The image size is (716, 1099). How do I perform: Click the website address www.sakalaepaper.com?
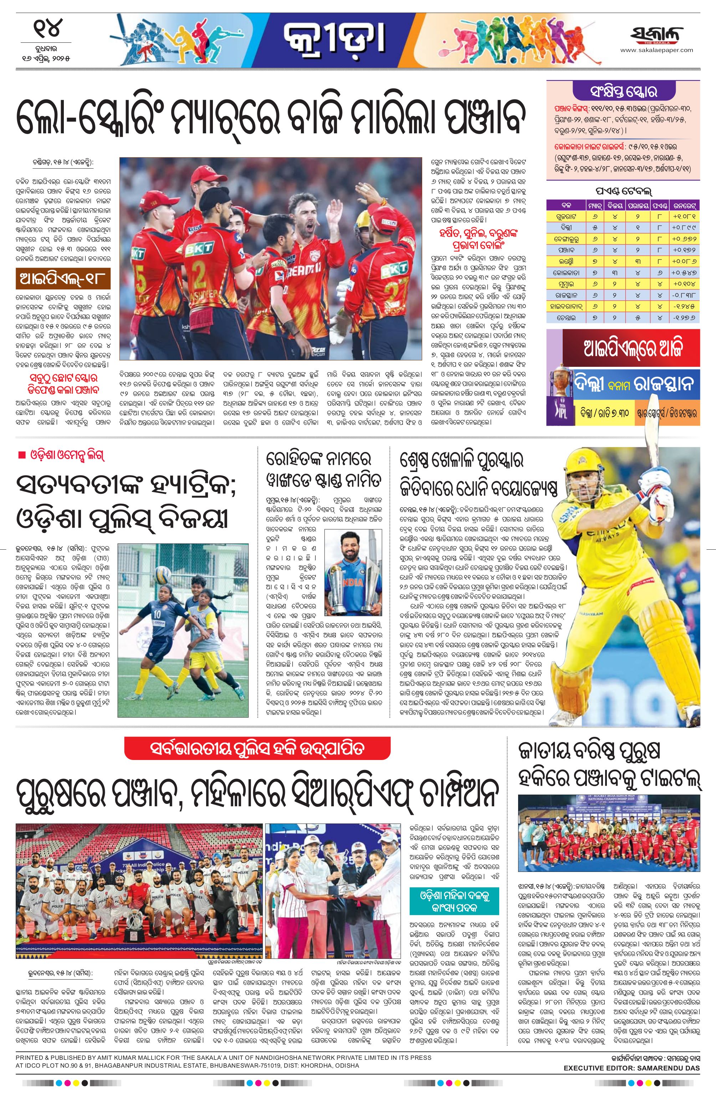coord(656,50)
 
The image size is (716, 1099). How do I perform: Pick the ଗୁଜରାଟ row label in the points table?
coord(566,216)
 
